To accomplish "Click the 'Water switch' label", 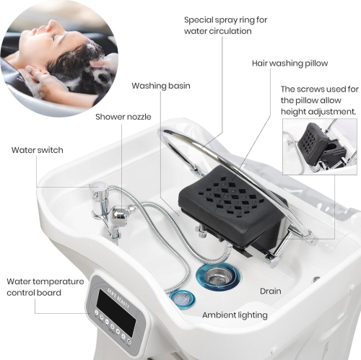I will point(37,150).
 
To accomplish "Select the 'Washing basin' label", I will point(160,86).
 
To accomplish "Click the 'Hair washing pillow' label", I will point(289,63).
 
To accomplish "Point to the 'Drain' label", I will point(271,291).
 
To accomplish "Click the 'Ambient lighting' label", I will point(235,315).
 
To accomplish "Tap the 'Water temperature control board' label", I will point(45,287).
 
